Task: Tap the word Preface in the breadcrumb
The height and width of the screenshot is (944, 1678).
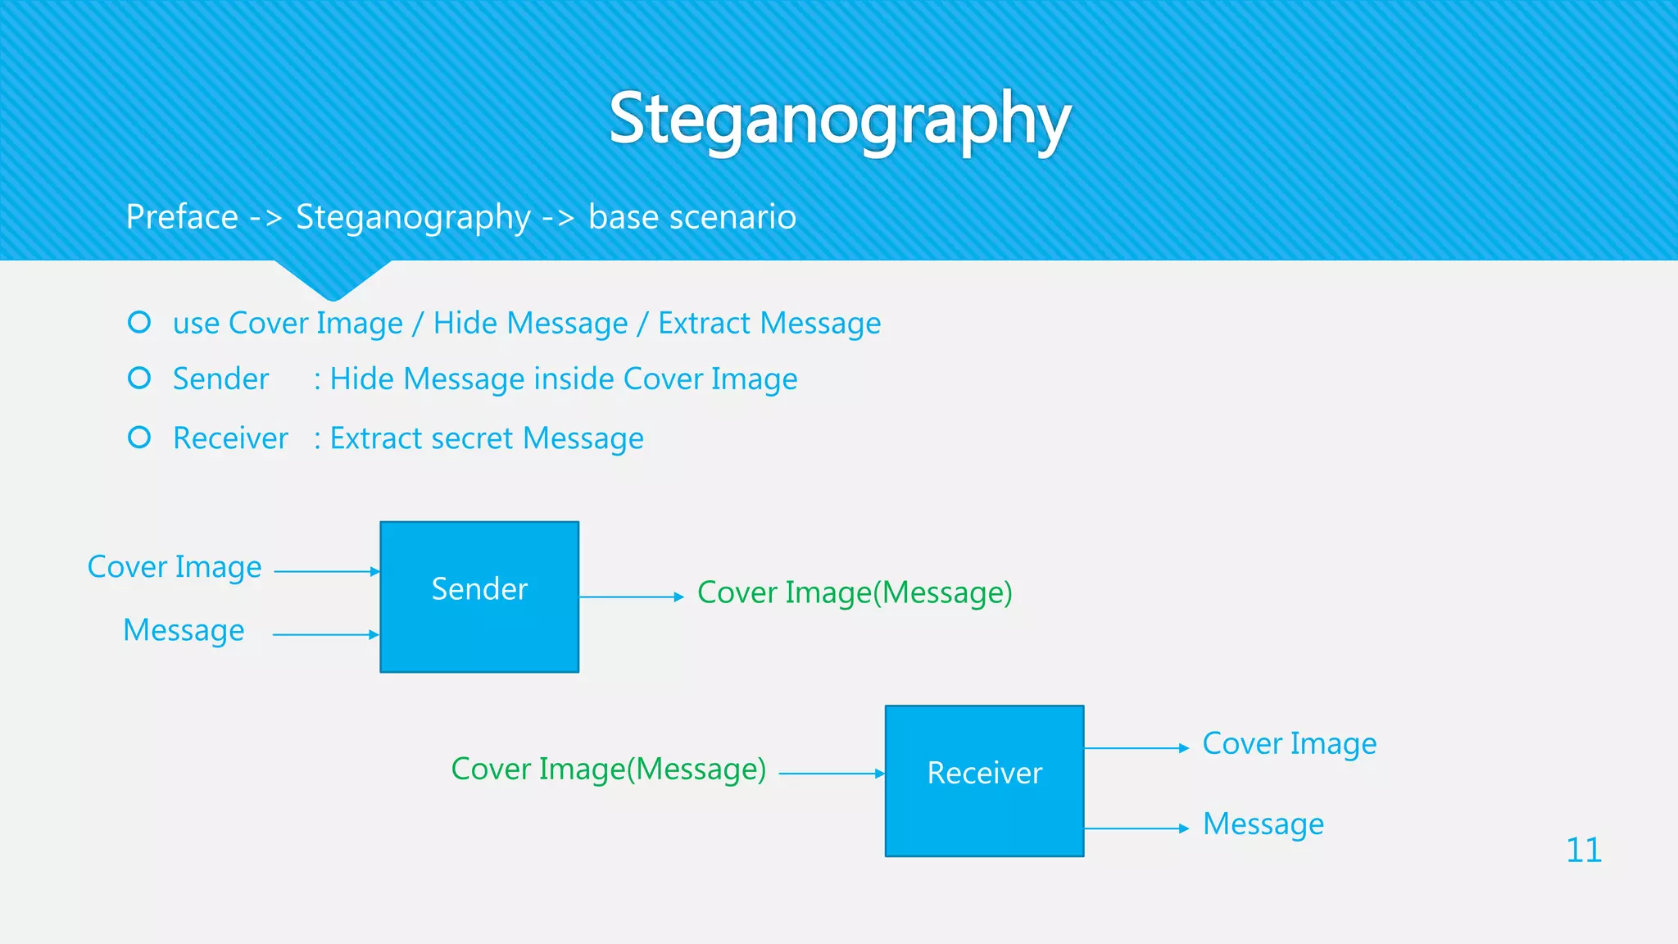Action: click(182, 217)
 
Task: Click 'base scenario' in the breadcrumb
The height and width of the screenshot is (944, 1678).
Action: click(692, 217)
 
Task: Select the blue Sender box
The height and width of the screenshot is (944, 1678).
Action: click(479, 597)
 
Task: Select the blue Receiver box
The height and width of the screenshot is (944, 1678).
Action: click(984, 780)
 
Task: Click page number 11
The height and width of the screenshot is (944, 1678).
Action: click(1583, 850)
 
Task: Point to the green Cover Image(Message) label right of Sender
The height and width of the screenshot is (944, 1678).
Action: click(855, 592)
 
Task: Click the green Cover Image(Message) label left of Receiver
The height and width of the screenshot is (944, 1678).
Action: click(609, 769)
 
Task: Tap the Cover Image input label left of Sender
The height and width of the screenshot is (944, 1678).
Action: click(175, 567)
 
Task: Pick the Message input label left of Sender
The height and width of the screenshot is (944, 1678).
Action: click(184, 630)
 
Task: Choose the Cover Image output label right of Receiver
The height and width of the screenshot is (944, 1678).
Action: click(1289, 744)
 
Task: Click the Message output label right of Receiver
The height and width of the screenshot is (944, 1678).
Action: click(1263, 824)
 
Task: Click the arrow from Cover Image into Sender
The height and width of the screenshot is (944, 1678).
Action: click(326, 571)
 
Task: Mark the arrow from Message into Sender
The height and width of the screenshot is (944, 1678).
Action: click(325, 634)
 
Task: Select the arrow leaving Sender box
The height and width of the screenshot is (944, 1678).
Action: click(631, 597)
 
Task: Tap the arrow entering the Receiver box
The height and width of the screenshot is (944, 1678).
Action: click(831, 773)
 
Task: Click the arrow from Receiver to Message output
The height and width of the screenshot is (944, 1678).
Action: click(1136, 828)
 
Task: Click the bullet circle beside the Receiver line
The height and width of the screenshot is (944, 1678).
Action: click(139, 438)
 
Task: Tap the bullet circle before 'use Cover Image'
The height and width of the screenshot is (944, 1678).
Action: click(139, 322)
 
